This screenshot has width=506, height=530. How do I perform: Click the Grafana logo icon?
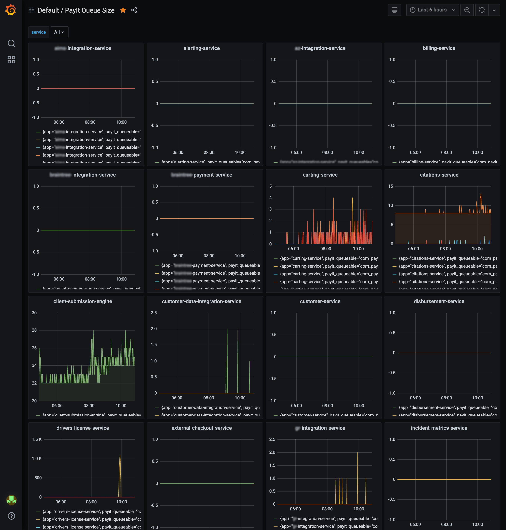point(11,10)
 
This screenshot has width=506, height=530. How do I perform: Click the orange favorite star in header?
point(123,10)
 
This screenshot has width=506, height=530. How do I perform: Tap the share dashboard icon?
point(134,10)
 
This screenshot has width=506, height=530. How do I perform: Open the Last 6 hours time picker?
point(432,10)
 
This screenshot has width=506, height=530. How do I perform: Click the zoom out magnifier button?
point(467,10)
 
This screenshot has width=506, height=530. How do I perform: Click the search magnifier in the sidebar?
point(11,43)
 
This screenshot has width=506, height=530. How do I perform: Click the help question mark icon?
point(11,516)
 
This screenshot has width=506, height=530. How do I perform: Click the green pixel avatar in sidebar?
point(11,500)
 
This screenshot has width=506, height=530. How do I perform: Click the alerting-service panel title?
point(202,48)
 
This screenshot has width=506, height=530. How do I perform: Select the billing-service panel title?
point(439,48)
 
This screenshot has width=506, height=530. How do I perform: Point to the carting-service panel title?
point(320,175)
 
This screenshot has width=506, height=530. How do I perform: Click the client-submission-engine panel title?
point(83,301)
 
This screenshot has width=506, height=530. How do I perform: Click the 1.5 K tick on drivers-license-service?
point(37,439)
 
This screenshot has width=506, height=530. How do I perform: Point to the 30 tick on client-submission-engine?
point(34,313)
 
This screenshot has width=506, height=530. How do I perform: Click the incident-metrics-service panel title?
point(439,428)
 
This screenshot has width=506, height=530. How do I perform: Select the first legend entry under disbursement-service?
point(447,407)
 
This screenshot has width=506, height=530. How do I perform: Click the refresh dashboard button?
point(482,10)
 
